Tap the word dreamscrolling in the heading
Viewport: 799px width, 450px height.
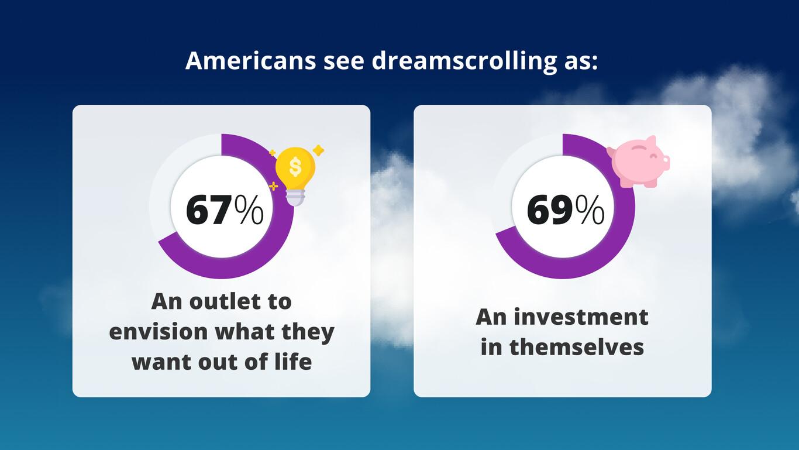pyautogui.click(x=462, y=61)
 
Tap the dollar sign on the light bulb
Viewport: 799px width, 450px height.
pyautogui.click(x=295, y=167)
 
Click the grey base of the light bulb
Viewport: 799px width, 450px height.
pyautogui.click(x=295, y=197)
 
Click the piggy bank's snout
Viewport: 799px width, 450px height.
pyautogui.click(x=664, y=162)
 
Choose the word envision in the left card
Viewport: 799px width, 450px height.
pyautogui.click(x=158, y=332)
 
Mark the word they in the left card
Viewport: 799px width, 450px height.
pyautogui.click(x=308, y=332)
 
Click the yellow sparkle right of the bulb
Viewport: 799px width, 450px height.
pyautogui.click(x=318, y=151)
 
